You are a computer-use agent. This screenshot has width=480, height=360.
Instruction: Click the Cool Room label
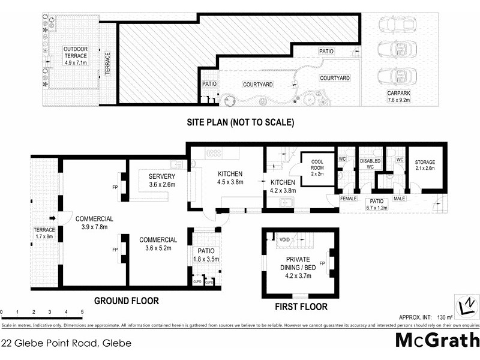pyautogui.click(x=317, y=164)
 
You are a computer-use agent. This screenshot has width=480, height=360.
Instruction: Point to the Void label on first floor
pyautogui.click(x=286, y=239)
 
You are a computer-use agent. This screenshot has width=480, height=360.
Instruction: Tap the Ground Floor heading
pyautogui.click(x=127, y=301)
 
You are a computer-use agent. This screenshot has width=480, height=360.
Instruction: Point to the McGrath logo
pyautogui.click(x=437, y=340)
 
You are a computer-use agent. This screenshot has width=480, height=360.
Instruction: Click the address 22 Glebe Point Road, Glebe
pyautogui.click(x=66, y=344)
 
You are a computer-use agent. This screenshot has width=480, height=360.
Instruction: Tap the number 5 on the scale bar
pyautogui.click(x=82, y=312)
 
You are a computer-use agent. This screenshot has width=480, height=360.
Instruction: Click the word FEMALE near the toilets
pyautogui.click(x=348, y=198)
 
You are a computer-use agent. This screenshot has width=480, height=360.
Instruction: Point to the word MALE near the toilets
pyautogui.click(x=400, y=198)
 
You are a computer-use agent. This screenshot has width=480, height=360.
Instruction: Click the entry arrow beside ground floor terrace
pyautogui.click(x=52, y=218)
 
